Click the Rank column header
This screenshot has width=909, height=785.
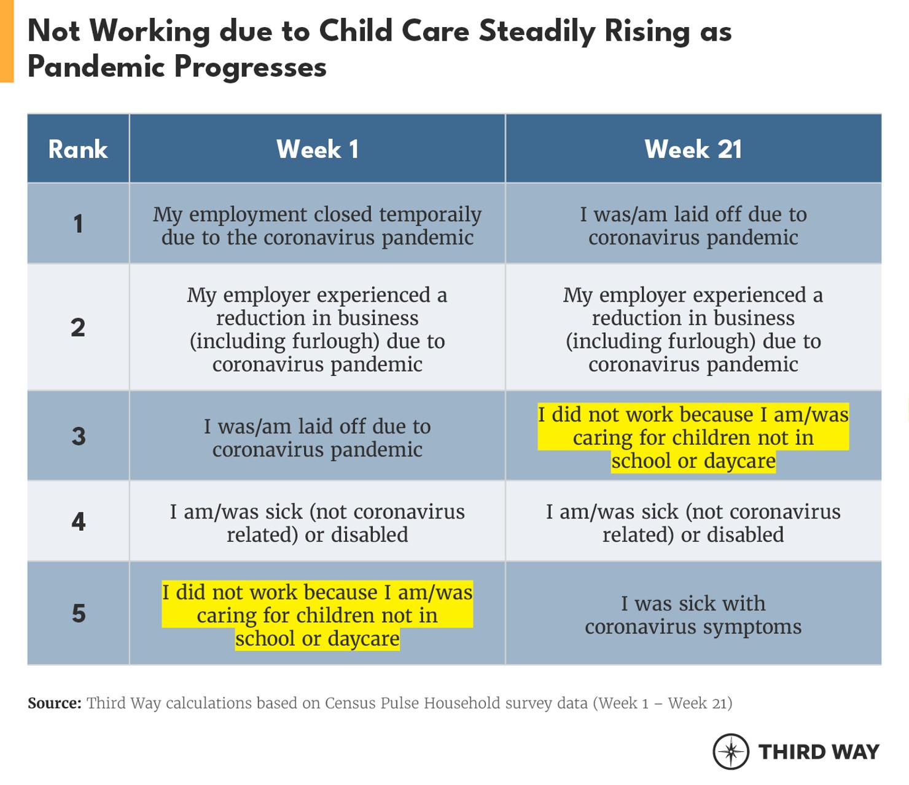coord(78,149)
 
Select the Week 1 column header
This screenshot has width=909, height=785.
coord(317,149)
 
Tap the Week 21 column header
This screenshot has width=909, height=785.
coord(693,149)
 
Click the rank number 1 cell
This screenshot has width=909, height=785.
coord(78,224)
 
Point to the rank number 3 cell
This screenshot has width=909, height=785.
coord(78,436)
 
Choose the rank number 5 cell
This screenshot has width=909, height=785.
coord(78,613)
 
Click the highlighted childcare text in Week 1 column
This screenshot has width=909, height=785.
coord(317,615)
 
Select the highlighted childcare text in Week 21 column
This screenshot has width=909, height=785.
coord(693,437)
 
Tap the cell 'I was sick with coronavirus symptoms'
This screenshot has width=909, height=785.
coord(693,615)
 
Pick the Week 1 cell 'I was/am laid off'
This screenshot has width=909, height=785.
coord(317,437)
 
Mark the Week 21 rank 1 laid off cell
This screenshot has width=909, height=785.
coord(693,225)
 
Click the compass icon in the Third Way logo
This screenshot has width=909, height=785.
coord(730,751)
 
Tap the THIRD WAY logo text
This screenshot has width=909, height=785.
coord(819,752)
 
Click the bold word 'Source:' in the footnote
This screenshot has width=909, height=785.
coord(54,703)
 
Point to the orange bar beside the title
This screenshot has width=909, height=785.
coord(6,41)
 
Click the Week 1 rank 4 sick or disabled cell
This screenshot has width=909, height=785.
coord(317,523)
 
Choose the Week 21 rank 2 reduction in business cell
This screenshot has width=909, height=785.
coord(693,329)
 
